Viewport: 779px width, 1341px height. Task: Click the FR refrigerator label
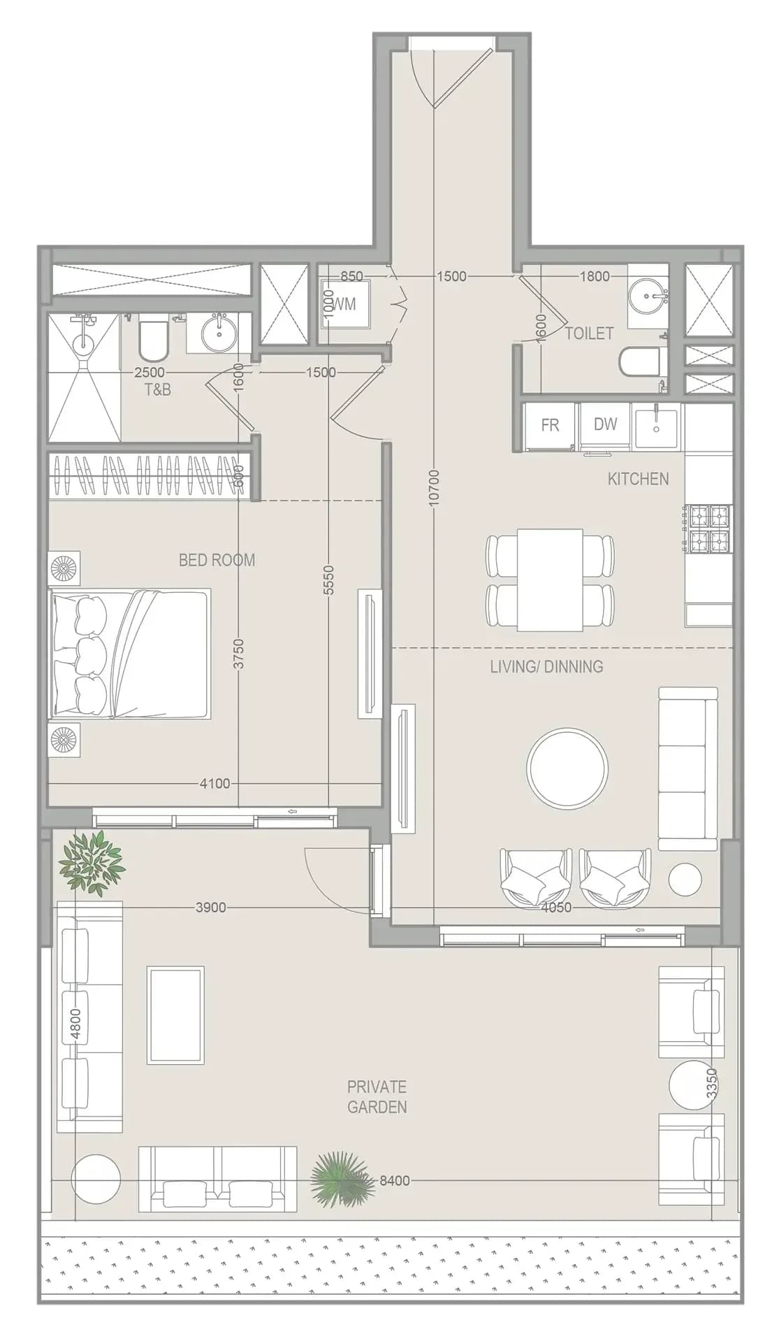coord(550,425)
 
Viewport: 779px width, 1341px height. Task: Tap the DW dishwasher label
coord(605,424)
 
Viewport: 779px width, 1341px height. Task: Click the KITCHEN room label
coord(638,479)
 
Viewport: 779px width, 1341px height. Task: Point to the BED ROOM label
coord(217,560)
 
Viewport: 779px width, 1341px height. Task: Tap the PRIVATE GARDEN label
coord(377,1097)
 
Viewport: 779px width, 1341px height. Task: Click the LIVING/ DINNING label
coord(546,666)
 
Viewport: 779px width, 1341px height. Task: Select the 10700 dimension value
coord(434,487)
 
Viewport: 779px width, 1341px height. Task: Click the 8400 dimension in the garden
coord(395,1181)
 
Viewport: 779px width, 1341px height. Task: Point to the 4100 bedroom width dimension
coord(215,784)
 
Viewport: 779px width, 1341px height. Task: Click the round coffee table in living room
coord(567,767)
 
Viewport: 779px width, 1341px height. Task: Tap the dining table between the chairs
coord(551,580)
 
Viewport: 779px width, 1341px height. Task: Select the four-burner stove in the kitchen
coord(710,529)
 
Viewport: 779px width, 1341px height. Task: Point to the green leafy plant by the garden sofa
coord(92,864)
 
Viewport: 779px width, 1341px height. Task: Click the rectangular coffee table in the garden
coord(175,1015)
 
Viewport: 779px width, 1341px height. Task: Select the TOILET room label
coord(589,334)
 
